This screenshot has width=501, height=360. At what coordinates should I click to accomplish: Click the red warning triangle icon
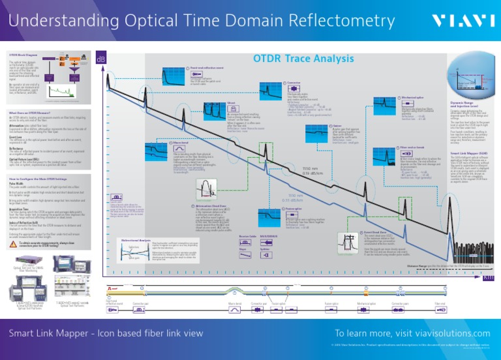[x=13, y=226]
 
